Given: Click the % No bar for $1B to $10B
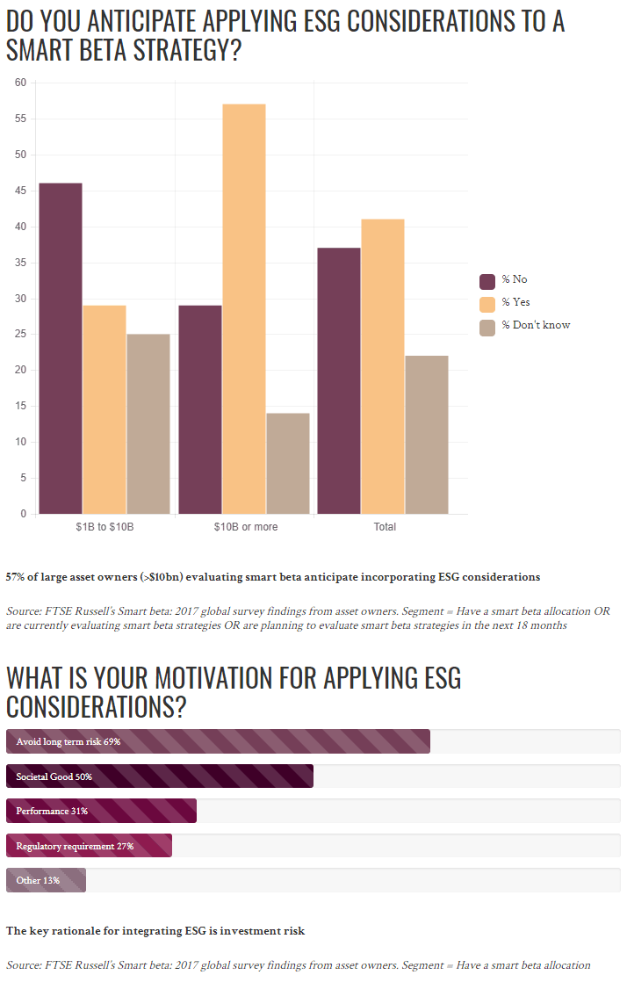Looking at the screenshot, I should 61,348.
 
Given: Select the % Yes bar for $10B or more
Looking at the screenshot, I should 244,308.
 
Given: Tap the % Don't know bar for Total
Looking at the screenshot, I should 427,435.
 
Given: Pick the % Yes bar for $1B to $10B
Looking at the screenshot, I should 104,409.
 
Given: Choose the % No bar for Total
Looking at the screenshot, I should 339,380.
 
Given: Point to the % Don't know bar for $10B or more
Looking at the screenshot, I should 288,463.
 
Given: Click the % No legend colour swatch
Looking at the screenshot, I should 487,281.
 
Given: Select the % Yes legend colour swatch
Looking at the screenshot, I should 487,304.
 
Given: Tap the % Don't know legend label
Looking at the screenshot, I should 536,325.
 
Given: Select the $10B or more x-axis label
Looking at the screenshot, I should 245,527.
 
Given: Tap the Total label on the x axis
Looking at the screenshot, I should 385,527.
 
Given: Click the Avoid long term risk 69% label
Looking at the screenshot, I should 68,741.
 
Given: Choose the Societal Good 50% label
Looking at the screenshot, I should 54,776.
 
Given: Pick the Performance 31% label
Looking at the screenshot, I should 52,811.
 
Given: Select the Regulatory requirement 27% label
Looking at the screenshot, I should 75,846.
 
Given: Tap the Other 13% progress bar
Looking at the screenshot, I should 46,880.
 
